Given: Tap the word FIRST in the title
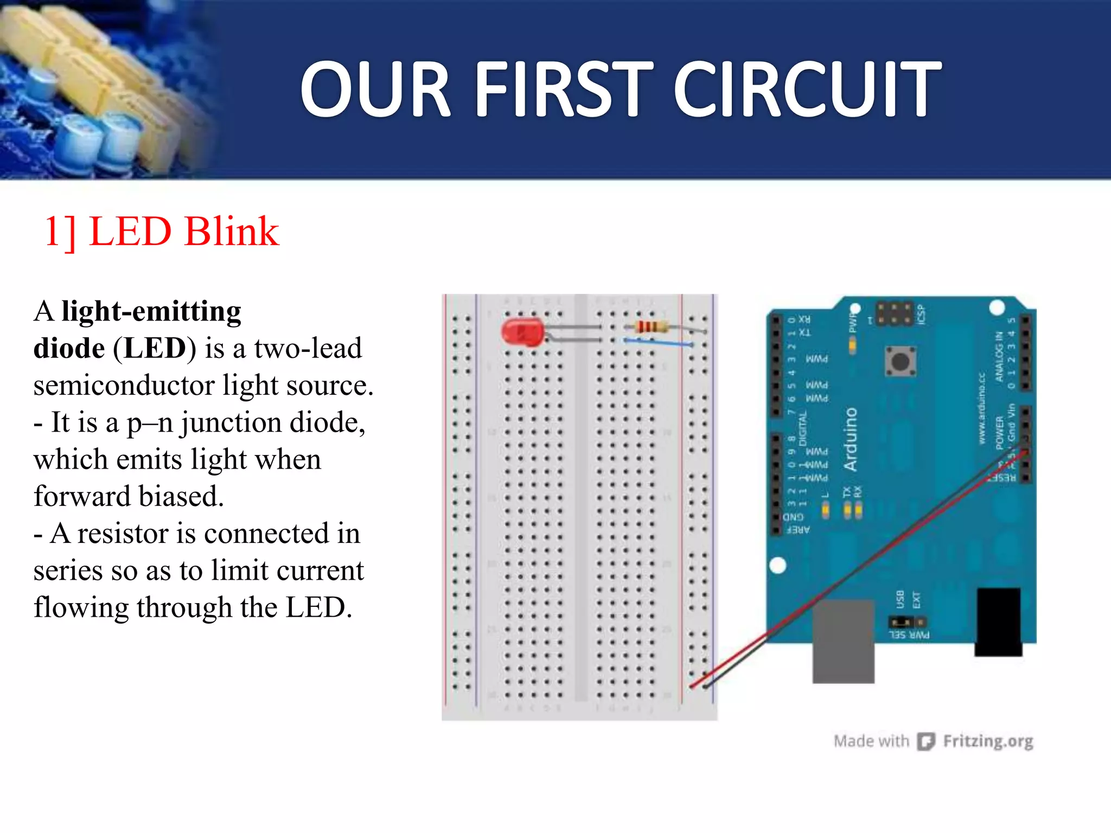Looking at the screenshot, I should [x=564, y=89].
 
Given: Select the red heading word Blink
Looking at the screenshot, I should [x=232, y=232].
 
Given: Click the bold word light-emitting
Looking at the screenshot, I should [x=151, y=312].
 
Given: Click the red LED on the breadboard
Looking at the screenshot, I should [x=522, y=332].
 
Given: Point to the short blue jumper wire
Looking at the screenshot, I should [x=657, y=342].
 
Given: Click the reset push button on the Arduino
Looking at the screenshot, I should [x=901, y=361].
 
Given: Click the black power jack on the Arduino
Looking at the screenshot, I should [x=998, y=621].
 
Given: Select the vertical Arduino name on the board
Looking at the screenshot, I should [x=851, y=439].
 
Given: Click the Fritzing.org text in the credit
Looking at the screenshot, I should [x=988, y=741].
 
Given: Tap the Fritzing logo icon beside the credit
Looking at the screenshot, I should [x=925, y=741].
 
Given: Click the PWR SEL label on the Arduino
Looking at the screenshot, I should [x=909, y=635].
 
